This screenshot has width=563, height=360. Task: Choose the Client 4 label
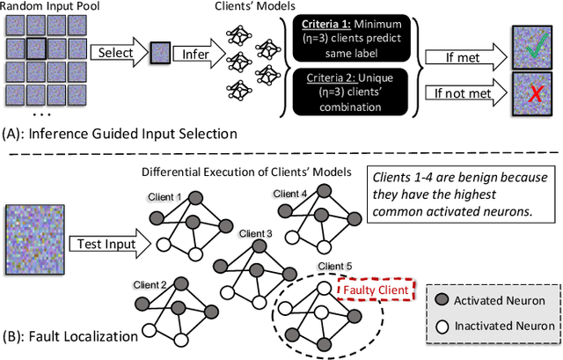coord(290,193)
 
